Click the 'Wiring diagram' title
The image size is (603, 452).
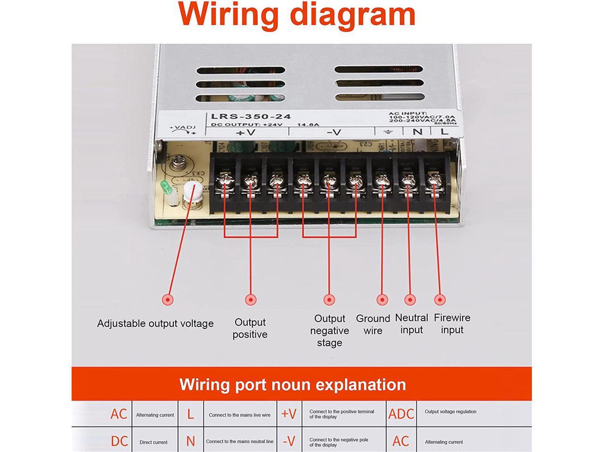[x=297, y=14]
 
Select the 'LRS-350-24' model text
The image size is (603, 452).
[x=251, y=116]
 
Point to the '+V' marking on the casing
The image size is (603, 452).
[x=245, y=132]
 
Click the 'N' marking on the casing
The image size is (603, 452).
[x=417, y=131]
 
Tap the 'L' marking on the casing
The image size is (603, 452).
[x=444, y=131]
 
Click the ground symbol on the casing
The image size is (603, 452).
[x=388, y=132]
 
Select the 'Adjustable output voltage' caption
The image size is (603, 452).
[x=155, y=323]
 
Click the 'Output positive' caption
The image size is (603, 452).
[x=250, y=328]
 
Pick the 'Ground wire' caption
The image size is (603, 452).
[x=373, y=324]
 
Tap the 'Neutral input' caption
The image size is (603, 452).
[x=411, y=324]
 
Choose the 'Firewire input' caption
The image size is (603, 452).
[x=452, y=323]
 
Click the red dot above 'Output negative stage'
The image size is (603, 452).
[x=329, y=299]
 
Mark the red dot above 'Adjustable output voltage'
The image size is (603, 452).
[x=167, y=299]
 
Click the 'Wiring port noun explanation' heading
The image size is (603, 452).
[x=293, y=385]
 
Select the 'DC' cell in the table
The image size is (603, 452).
[x=119, y=441]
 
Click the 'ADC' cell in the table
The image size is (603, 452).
[x=401, y=414]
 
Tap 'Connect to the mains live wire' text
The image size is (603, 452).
[x=239, y=415]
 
